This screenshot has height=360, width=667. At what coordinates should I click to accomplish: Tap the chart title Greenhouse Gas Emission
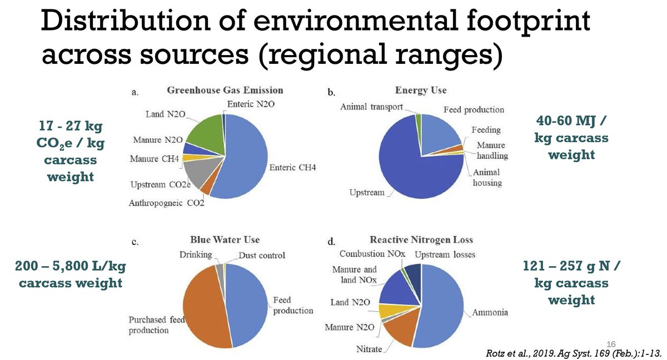point(225,90)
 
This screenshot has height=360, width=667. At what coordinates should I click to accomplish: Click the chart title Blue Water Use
point(225,240)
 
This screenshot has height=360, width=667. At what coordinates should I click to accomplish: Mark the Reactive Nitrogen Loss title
point(421,240)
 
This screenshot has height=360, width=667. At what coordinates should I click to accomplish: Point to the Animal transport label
point(371,107)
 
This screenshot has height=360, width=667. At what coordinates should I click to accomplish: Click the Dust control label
point(262,255)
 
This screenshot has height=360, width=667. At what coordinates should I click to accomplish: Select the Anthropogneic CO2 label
point(166,203)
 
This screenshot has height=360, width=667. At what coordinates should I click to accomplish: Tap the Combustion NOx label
point(372,254)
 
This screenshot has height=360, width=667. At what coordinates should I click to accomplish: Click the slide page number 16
point(611,344)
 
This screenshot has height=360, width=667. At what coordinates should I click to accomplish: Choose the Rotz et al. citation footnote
point(574,353)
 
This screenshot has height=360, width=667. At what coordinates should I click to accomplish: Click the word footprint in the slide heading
point(528,22)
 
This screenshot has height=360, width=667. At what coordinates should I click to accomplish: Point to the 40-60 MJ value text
point(570,121)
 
